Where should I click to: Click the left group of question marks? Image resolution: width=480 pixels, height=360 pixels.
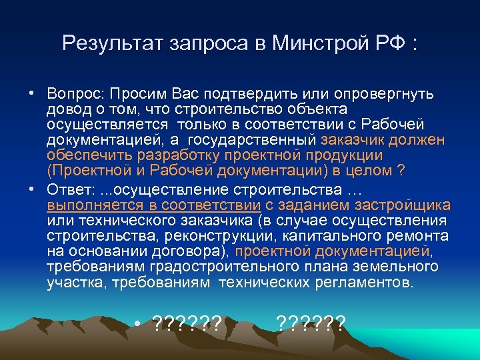[x=187, y=325]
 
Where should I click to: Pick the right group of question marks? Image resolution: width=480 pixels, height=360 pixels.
[x=311, y=325]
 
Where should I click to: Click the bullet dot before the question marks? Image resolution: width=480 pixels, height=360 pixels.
[x=137, y=325]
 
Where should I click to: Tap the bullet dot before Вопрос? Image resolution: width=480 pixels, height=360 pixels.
[x=31, y=91]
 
